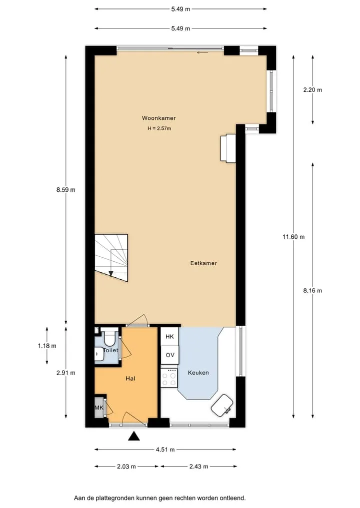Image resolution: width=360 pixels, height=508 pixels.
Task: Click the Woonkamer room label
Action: point(158,118)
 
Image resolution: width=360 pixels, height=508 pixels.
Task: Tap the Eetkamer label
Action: point(203,263)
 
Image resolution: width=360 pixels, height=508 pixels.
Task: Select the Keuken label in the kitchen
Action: point(198,373)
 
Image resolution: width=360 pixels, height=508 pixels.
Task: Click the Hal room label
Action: point(130,378)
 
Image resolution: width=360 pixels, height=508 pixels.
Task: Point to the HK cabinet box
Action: point(169,336)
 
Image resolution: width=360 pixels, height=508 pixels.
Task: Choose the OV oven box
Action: point(169,355)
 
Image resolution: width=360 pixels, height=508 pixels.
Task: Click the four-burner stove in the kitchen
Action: point(169,378)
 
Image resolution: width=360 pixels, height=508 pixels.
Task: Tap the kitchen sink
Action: point(222,405)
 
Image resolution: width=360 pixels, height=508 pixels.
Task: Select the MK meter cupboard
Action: point(99,407)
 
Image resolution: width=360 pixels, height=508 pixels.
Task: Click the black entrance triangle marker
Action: point(133,437)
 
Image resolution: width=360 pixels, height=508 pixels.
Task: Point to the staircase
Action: point(111,258)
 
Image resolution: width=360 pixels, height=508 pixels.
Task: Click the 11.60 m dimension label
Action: point(293,237)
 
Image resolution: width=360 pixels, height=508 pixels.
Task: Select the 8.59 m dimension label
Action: point(66,190)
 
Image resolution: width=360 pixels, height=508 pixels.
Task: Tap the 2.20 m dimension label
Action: point(312,90)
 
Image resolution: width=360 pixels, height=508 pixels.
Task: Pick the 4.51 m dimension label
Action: point(165,450)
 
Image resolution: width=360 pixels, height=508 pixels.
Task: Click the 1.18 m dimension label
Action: point(47,346)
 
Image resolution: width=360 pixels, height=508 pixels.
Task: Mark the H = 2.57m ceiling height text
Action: point(159,128)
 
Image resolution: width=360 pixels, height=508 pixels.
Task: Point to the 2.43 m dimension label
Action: point(199,466)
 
